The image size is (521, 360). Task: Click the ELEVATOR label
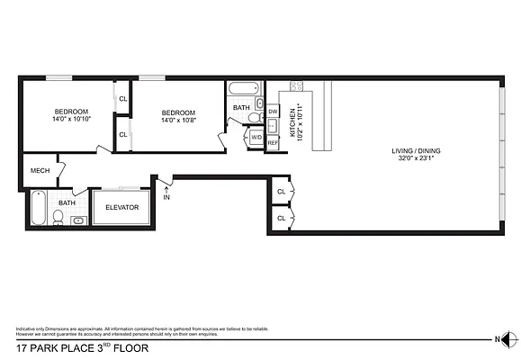click(121, 207)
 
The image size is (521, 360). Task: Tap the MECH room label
click(40, 169)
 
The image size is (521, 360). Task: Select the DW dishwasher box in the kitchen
click(273, 111)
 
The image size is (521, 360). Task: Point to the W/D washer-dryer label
click(256, 137)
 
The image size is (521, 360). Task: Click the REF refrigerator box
click(273, 142)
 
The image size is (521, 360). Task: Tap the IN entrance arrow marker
click(166, 192)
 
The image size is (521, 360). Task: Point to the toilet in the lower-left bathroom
click(59, 217)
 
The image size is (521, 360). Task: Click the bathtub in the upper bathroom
click(243, 90)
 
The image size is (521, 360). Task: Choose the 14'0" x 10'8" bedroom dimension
click(179, 119)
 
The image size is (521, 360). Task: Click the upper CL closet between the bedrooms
click(122, 98)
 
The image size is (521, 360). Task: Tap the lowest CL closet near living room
click(281, 218)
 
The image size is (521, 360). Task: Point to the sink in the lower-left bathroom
click(79, 219)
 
